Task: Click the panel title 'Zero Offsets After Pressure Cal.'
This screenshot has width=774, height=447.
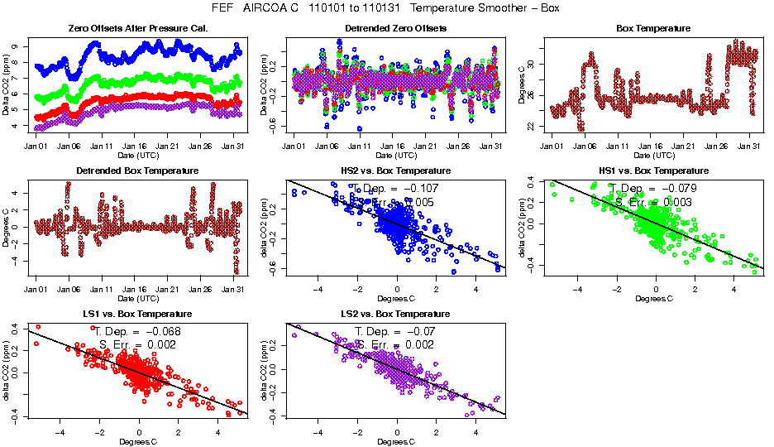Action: pyautogui.click(x=137, y=28)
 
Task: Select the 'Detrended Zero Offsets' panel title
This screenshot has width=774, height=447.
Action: pyautogui.click(x=395, y=28)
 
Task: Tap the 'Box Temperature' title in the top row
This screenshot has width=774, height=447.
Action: pyautogui.click(x=653, y=28)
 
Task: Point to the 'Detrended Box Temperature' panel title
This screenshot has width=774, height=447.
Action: pyautogui.click(x=137, y=171)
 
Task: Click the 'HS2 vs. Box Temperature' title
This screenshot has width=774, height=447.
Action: pyautogui.click(x=395, y=171)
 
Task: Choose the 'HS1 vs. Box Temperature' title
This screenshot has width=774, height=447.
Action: pyautogui.click(x=653, y=171)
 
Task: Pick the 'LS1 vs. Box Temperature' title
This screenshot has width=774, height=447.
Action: pyautogui.click(x=137, y=315)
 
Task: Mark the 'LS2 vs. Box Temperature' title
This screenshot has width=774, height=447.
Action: pyautogui.click(x=395, y=315)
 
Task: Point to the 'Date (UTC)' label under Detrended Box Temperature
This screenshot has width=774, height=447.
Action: pyautogui.click(x=137, y=298)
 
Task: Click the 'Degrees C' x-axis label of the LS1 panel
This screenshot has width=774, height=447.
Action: pyautogui.click(x=137, y=441)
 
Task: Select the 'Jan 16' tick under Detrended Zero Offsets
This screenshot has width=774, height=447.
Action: pyautogui.click(x=395, y=146)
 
